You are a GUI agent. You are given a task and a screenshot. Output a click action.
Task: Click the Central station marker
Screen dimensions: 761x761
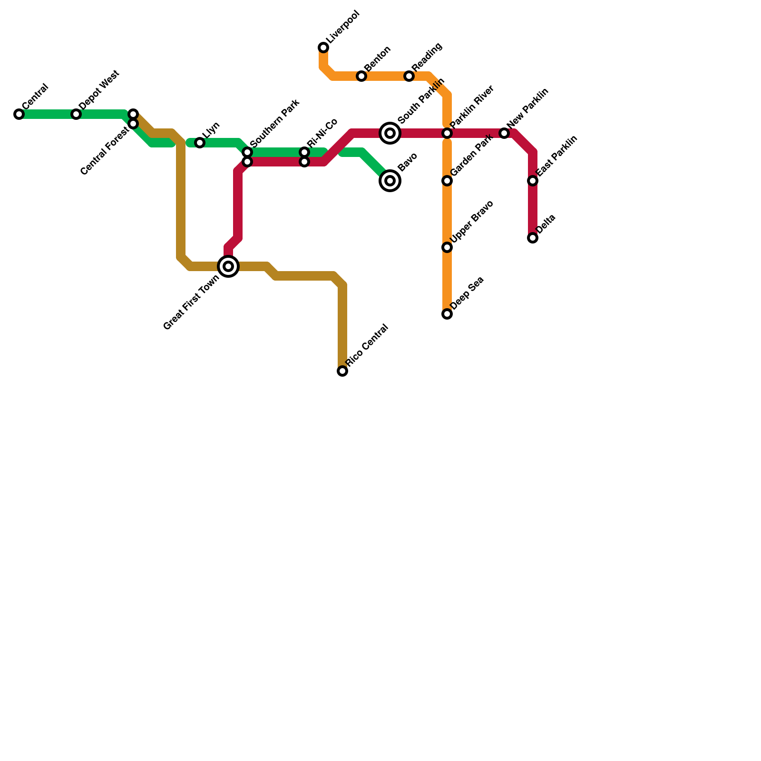(19, 114)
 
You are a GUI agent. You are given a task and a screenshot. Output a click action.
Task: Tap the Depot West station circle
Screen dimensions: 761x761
(76, 114)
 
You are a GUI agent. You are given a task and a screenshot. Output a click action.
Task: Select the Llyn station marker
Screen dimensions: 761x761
(200, 143)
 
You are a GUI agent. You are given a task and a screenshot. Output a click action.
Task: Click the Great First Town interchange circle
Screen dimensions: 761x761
(228, 266)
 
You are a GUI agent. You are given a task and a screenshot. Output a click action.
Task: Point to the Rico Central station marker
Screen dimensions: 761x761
(342, 371)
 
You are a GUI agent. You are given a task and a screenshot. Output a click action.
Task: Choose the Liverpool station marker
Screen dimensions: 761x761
(323, 48)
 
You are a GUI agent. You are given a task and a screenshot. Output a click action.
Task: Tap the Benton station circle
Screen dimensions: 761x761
(361, 76)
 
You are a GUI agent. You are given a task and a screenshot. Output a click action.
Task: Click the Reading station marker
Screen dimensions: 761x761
(409, 76)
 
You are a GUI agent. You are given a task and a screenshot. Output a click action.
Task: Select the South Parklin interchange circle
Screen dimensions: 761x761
(390, 133)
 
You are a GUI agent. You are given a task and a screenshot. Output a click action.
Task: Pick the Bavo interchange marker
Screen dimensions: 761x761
(390, 181)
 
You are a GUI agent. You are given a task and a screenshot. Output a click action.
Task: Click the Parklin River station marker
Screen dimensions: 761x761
(447, 133)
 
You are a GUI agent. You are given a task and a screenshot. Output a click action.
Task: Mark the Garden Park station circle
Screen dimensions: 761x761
(447, 181)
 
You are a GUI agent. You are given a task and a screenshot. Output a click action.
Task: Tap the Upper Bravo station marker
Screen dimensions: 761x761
(447, 247)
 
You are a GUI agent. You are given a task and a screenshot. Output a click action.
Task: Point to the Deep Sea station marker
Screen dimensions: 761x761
(447, 314)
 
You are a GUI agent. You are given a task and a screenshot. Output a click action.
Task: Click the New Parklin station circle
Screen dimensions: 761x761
(504, 133)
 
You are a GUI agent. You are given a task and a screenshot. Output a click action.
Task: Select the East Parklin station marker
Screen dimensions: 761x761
(533, 181)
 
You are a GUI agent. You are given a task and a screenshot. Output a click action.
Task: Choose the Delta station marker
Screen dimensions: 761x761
(533, 238)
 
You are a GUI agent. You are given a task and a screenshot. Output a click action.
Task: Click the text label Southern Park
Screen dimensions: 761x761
(274, 123)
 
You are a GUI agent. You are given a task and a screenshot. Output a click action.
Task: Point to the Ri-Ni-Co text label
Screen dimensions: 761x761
(322, 133)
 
